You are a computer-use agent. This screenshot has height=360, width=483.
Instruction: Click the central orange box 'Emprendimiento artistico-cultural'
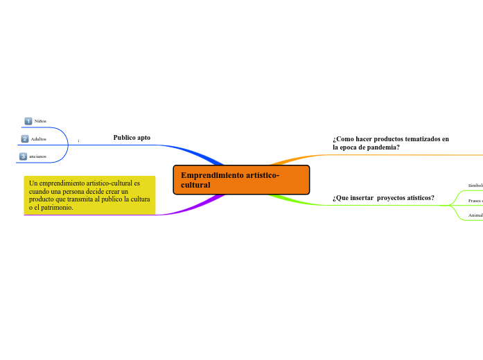tap(240, 180)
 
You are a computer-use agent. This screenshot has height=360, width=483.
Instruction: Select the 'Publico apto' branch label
tap(132, 138)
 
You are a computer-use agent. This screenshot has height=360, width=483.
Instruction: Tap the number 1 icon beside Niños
tap(28, 121)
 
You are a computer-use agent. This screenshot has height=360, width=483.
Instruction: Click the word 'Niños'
tap(41, 121)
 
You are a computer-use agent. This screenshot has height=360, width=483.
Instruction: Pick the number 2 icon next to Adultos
tap(25, 139)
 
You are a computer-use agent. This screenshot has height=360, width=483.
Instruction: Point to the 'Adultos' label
tap(39, 139)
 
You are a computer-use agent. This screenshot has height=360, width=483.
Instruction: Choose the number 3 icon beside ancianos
tap(23, 156)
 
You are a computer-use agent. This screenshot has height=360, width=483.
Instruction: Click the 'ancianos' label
tap(37, 156)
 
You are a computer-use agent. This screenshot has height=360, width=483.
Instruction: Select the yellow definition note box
tap(89, 195)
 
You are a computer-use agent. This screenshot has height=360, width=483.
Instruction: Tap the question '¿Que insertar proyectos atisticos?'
tap(383, 198)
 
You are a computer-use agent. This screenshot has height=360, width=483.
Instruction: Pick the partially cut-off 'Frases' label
tap(475, 201)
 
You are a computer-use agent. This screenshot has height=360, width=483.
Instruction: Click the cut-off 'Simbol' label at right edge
tap(475, 186)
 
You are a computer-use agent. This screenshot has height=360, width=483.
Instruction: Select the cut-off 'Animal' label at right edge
tap(475, 216)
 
